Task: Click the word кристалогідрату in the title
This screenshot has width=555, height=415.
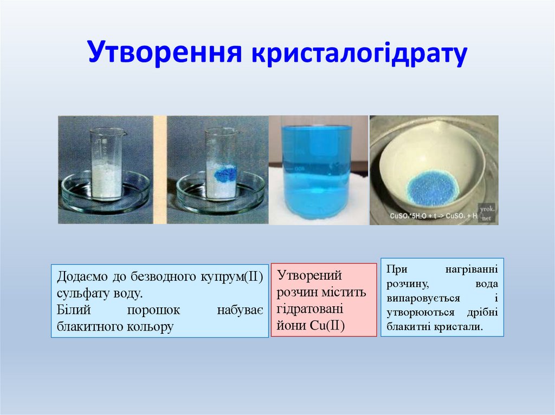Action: (x=358, y=54)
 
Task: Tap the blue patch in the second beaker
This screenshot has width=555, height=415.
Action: (x=225, y=174)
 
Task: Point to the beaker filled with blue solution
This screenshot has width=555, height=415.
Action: (x=317, y=170)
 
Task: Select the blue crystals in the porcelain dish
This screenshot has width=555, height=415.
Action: (x=432, y=187)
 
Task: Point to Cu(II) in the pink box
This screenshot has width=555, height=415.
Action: (x=327, y=326)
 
